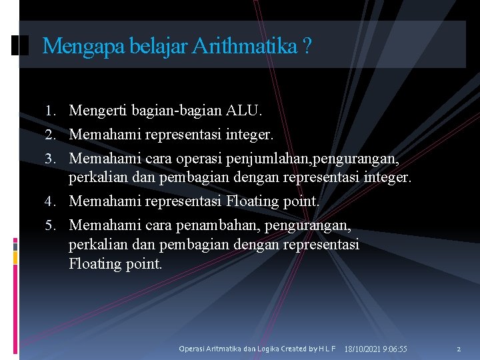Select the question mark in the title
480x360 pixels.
(x=306, y=47)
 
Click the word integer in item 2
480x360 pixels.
(x=249, y=135)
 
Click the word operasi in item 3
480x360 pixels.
(x=195, y=159)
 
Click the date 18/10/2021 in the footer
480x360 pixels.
(x=365, y=349)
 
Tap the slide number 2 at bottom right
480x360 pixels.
(x=459, y=349)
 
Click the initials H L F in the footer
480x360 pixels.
(x=327, y=349)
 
